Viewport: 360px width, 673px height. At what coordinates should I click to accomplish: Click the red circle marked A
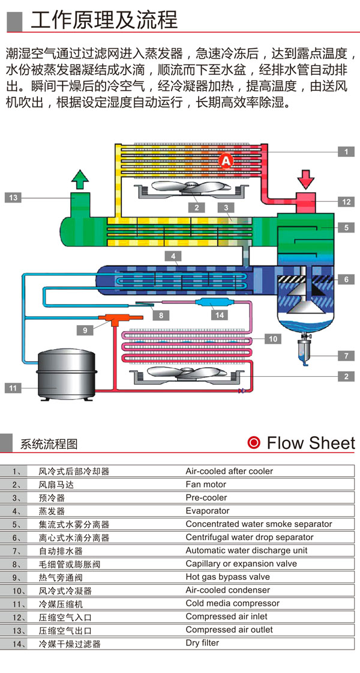click(226, 160)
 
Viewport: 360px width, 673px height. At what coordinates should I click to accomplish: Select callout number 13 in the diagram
click(14, 196)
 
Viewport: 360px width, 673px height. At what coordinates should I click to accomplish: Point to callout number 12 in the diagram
click(346, 202)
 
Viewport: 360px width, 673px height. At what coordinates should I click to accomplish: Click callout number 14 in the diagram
click(220, 314)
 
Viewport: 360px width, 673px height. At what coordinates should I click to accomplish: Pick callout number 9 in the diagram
click(85, 329)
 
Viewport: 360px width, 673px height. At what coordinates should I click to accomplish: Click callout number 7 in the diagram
click(346, 356)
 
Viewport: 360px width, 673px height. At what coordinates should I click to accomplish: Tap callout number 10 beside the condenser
click(272, 339)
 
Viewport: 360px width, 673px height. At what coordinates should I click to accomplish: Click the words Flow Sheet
click(311, 443)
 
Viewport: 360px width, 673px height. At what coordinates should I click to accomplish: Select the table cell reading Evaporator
click(208, 511)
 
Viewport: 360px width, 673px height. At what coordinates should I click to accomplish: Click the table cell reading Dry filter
click(202, 643)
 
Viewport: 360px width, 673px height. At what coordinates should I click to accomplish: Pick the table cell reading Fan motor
click(206, 484)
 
